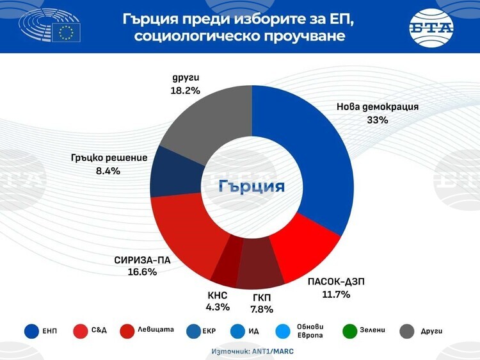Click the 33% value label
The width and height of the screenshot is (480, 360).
pyautogui.click(x=378, y=120)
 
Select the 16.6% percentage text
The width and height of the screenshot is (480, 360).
pyautogui.click(x=141, y=272)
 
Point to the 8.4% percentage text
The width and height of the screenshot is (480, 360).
pyautogui.click(x=108, y=171)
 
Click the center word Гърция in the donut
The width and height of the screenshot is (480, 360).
pyautogui.click(x=252, y=186)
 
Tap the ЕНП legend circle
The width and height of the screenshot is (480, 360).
pyautogui.click(x=31, y=331)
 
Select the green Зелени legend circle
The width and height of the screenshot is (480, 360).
pyautogui.click(x=349, y=331)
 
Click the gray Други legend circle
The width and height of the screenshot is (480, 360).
pyautogui.click(x=406, y=331)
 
